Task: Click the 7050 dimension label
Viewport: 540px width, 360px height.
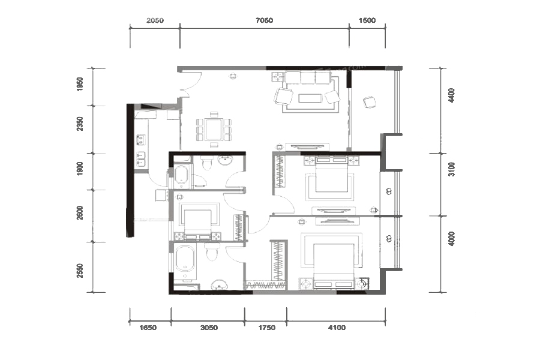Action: point(264,20)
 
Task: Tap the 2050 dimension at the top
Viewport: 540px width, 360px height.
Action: point(155,20)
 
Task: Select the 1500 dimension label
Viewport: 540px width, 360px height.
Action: point(367,20)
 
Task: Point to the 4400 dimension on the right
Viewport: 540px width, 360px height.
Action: point(451,95)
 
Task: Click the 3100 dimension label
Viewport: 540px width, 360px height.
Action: point(451,169)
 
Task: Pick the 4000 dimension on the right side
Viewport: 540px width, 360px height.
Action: point(451,239)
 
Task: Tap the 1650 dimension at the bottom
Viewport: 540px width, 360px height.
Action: point(148,327)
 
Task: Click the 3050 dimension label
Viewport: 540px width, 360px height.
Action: point(209,327)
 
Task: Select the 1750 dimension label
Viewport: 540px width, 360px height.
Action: point(267,327)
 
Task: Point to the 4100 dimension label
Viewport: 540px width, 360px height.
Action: point(337,327)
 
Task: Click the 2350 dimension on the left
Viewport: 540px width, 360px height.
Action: point(80,124)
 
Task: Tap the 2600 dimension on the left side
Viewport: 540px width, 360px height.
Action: point(80,213)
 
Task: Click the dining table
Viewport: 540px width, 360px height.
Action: point(214,129)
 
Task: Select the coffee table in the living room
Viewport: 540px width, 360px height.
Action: point(310,98)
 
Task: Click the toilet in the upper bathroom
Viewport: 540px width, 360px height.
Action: point(207,163)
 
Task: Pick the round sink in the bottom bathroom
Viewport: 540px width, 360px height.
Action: point(218,284)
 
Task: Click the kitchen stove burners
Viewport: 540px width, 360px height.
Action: point(141,140)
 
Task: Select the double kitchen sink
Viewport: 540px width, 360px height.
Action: point(141,159)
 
